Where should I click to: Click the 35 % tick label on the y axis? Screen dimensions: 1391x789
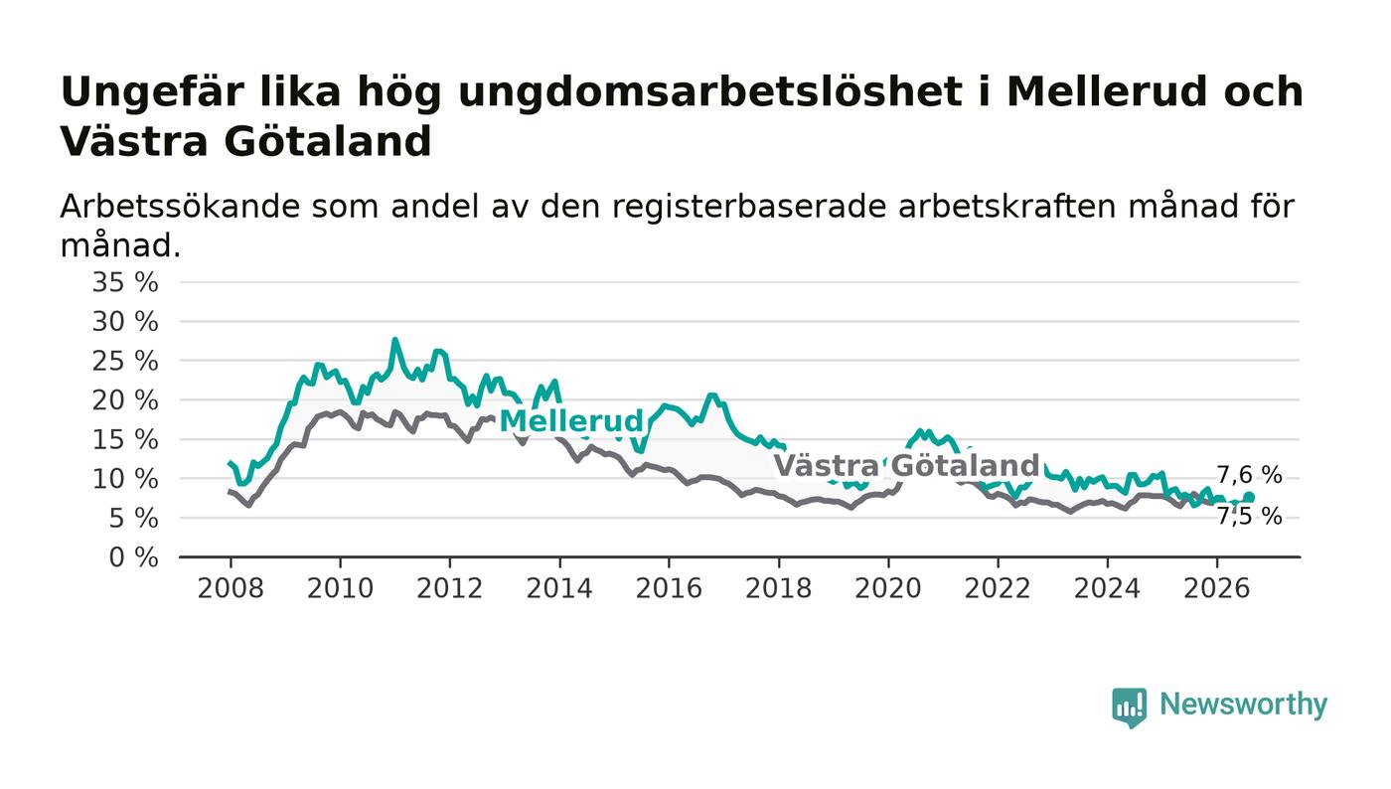pyautogui.click(x=125, y=282)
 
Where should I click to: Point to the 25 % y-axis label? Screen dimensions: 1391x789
pyautogui.click(x=125, y=361)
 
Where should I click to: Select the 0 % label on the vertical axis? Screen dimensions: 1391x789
pyautogui.click(x=133, y=557)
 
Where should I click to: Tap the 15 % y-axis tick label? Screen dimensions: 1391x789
pyautogui.click(x=125, y=440)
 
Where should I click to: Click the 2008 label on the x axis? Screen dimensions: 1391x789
pyautogui.click(x=231, y=588)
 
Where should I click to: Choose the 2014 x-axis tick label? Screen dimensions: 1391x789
pyautogui.click(x=559, y=588)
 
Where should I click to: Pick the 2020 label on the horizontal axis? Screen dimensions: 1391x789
pyautogui.click(x=888, y=588)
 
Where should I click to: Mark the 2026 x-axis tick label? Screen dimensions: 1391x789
pyautogui.click(x=1216, y=588)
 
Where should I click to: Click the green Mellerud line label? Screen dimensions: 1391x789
pyautogui.click(x=571, y=421)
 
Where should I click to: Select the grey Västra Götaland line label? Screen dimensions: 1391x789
pyautogui.click(x=906, y=465)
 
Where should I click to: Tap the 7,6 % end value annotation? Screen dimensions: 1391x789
pyautogui.click(x=1249, y=475)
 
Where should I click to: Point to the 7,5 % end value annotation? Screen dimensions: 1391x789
pyautogui.click(x=1249, y=517)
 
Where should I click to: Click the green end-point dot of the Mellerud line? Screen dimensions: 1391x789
pyautogui.click(x=1249, y=497)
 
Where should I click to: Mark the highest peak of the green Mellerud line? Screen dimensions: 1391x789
pyautogui.click(x=394, y=341)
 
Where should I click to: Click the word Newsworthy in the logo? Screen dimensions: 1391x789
pyautogui.click(x=1243, y=705)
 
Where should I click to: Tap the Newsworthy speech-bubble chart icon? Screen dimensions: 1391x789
pyautogui.click(x=1129, y=708)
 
